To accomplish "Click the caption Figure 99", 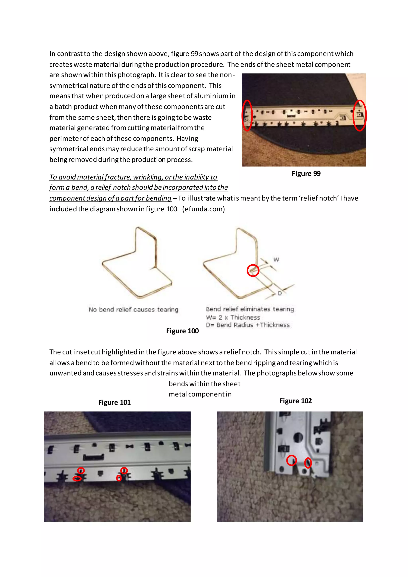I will click(x=306, y=174).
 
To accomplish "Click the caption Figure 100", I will click(x=182, y=331).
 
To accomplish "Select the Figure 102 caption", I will click(x=295, y=401).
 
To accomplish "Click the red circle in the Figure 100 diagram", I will click(x=253, y=271).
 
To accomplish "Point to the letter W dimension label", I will click(x=276, y=260).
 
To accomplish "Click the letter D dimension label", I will click(x=280, y=293).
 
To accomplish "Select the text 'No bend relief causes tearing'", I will click(x=133, y=310).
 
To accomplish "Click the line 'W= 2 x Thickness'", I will click(x=233, y=317).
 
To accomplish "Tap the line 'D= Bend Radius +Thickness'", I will click(x=248, y=325).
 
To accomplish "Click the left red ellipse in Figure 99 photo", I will click(x=247, y=116).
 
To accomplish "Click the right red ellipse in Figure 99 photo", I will click(x=360, y=116).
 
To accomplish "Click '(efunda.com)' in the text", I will click(x=203, y=209).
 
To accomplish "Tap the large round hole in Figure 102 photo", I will click(x=298, y=438).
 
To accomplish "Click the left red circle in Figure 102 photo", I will click(x=291, y=460).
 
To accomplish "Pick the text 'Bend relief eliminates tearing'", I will click(x=250, y=309).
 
